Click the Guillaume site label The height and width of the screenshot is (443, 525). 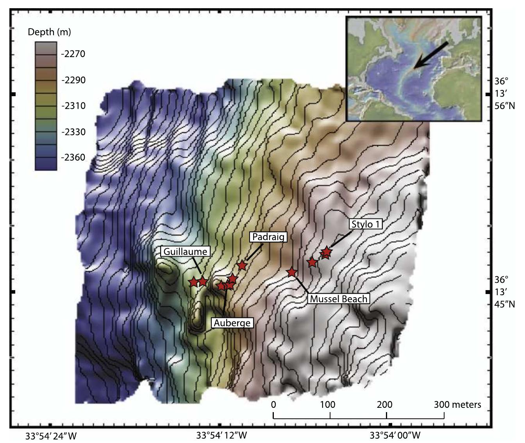coord(185,251)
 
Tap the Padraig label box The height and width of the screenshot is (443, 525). coord(268,237)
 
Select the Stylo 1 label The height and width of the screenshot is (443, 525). coord(366,224)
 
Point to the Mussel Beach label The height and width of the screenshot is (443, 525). coord(338,299)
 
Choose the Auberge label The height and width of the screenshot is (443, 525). coord(232,323)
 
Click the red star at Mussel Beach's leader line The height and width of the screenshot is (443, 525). coord(292,272)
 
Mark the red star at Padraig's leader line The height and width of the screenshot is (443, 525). coord(242,265)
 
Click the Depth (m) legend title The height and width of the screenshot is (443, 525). coord(49,32)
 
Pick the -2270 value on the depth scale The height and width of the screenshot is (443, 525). coord(73,54)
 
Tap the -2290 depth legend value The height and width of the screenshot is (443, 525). coord(73,80)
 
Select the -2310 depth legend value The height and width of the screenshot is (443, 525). coord(73,106)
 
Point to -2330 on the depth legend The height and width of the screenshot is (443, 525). coord(73,132)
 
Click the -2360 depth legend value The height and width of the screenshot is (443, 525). coord(73,157)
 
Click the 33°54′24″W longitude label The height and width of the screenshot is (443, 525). coord(51,435)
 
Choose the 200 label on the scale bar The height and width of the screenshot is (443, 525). coord(384,404)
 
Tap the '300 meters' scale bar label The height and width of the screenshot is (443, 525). coord(457,404)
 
